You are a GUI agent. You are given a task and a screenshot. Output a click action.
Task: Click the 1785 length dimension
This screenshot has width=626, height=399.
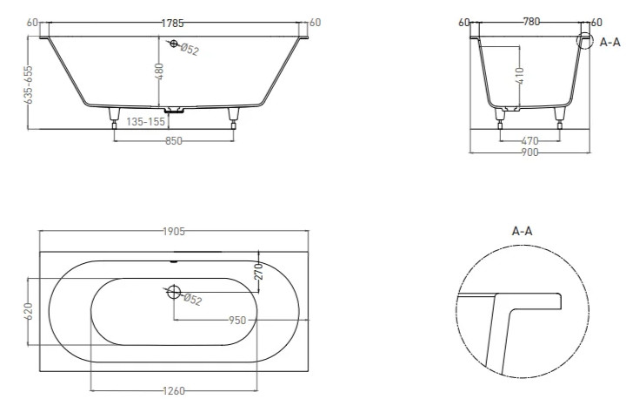pos(172,24)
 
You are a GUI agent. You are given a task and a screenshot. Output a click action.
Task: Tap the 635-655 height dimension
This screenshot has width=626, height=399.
pos(29,85)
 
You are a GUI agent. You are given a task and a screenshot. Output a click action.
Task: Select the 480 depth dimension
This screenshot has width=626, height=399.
pos(159,71)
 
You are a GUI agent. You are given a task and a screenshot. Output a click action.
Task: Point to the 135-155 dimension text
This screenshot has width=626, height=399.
pos(146,122)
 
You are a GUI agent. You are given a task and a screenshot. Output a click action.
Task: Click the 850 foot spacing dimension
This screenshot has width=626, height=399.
pos(174,141)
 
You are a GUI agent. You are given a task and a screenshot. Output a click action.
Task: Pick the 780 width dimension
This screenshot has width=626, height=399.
pos(531,22)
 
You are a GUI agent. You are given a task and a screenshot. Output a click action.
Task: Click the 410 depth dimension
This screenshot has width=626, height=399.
pos(519,76)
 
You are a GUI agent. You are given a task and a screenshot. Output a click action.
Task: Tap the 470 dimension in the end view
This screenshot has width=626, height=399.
pos(529,141)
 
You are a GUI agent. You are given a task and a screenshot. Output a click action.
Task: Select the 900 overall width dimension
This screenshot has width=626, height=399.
pos(529,152)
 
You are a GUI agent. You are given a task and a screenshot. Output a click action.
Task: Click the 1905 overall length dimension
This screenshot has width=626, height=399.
pos(174,232)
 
